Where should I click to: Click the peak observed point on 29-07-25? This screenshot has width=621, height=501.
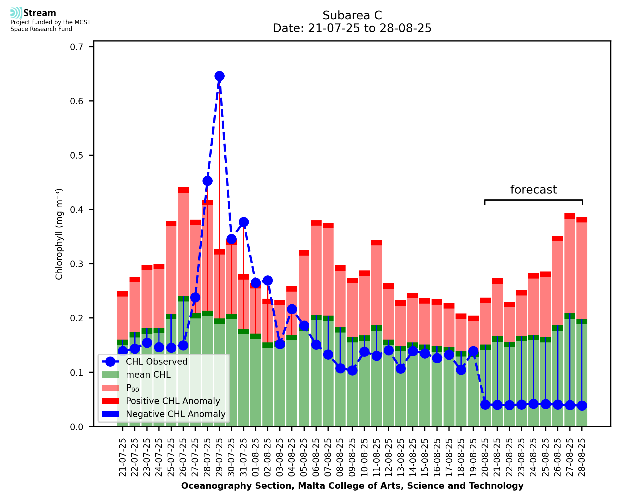[219, 76]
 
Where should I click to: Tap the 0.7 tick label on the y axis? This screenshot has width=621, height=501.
[76, 47]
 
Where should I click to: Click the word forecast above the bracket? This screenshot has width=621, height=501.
[533, 190]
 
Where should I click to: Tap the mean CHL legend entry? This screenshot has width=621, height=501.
[148, 375]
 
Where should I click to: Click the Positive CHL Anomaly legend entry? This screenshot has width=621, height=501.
[173, 401]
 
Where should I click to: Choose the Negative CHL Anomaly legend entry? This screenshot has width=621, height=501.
[176, 414]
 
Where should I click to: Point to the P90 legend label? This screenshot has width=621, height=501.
[132, 388]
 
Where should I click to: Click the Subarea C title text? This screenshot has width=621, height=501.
[352, 15]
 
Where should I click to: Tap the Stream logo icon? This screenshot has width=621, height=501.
[16, 13]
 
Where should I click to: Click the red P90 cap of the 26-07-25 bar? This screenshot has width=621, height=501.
[183, 190]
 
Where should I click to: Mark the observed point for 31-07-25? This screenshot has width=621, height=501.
[244, 222]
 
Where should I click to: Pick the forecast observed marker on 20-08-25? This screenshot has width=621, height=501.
[485, 405]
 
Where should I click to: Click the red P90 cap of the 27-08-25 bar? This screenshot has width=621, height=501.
[570, 216]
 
